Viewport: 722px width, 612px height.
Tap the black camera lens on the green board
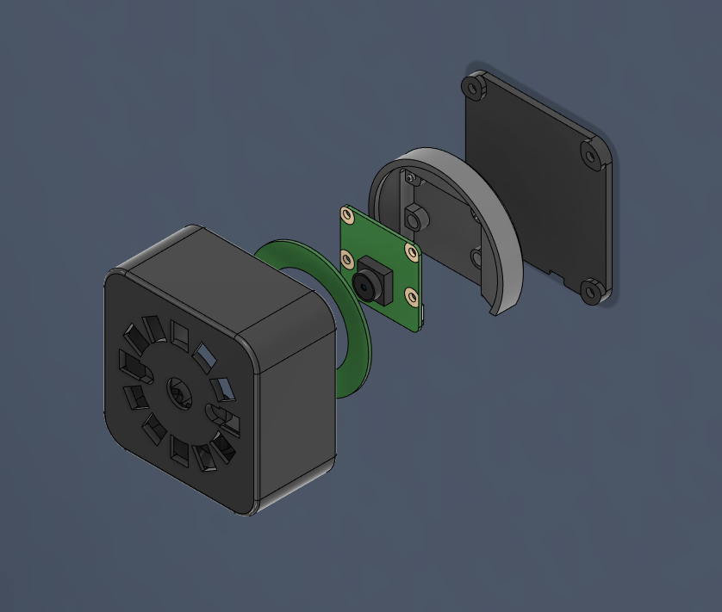pos(366,285)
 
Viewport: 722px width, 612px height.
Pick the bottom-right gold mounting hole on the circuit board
pos(413,296)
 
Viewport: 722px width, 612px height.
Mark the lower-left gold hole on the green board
pos(348,258)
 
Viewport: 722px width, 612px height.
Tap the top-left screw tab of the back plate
pos(472,86)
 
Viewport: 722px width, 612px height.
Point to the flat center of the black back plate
pos(534,189)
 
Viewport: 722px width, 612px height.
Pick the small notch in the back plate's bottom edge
pos(559,276)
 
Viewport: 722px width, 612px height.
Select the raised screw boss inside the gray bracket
pos(415,219)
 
